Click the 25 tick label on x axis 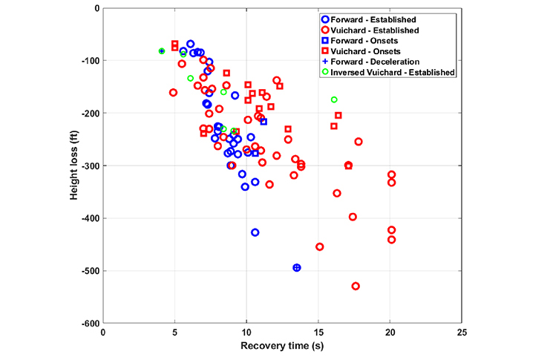point(462,335)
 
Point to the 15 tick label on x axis point(318,335)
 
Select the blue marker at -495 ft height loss point(297,267)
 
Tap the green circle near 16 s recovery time point(334,99)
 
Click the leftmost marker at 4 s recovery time point(162,51)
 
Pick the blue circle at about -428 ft point(255,232)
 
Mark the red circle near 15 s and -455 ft point(320,246)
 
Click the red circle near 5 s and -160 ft point(174,93)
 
